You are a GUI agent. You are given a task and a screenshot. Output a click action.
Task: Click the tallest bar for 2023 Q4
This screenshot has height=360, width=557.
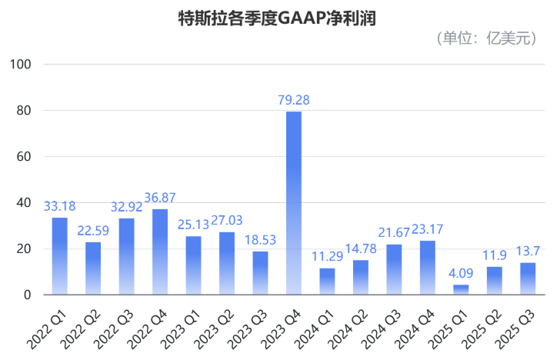click(294, 203)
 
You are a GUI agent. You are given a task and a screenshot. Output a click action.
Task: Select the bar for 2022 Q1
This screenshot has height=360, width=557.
click(59, 256)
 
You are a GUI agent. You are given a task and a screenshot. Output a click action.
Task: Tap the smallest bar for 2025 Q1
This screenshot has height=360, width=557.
click(461, 290)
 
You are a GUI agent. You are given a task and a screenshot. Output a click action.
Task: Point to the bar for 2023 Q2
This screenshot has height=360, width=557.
click(227, 263)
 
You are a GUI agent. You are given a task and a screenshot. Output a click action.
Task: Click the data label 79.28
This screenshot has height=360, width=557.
click(294, 100)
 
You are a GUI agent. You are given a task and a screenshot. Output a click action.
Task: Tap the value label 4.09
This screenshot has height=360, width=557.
click(461, 273)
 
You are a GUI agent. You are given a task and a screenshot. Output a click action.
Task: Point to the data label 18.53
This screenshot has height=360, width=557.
click(261, 240)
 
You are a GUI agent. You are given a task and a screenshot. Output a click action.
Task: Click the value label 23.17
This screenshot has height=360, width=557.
click(428, 229)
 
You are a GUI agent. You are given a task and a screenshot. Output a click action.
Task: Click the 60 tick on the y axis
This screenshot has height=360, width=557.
click(22, 156)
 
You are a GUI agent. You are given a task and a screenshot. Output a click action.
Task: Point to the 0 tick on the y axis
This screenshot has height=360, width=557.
click(26, 295)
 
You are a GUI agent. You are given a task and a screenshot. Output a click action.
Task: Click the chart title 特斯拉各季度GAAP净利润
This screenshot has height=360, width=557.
click(278, 17)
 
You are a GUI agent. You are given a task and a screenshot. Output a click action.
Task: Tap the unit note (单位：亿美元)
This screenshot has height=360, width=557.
click(485, 39)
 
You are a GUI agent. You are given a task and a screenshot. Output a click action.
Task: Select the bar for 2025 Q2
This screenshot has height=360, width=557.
click(495, 281)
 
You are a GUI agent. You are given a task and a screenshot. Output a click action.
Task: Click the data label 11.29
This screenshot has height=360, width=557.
click(327, 257)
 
